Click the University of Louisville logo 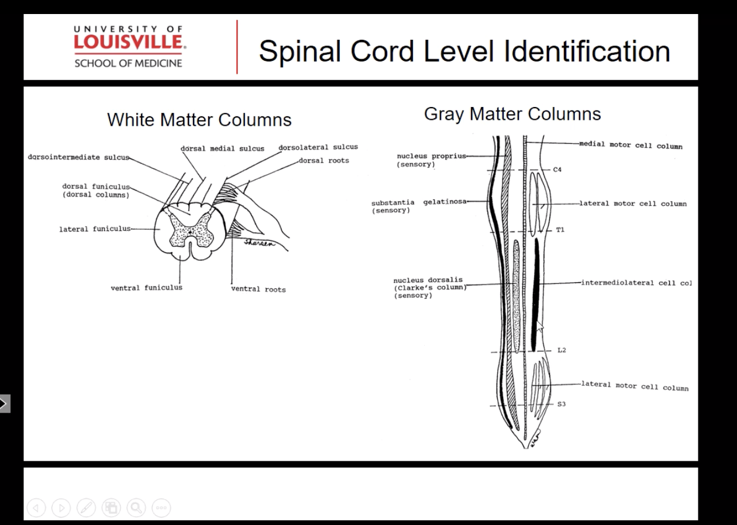click(128, 46)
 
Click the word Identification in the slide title click(587, 51)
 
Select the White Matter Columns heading click(199, 120)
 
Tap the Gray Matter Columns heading click(512, 114)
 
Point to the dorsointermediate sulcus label click(78, 157)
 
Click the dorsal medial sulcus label click(222, 148)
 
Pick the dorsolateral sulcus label click(318, 147)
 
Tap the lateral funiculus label click(95, 229)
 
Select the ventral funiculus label click(146, 288)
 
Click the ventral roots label click(258, 289)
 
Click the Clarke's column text click(429, 288)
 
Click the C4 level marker click(558, 170)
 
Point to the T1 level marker click(560, 230)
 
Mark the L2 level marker click(561, 350)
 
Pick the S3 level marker click(561, 404)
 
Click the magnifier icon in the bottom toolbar click(136, 507)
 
